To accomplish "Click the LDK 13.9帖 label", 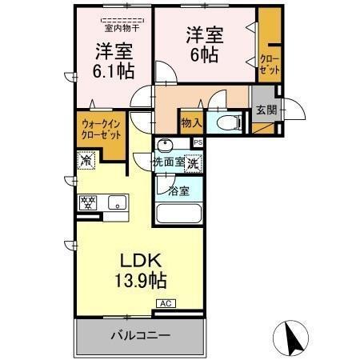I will pos(142,270).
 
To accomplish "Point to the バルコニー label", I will pos(140,335).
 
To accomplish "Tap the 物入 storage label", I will pos(190,123).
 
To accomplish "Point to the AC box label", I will pos(166,303).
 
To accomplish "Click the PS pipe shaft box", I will pos(198,142).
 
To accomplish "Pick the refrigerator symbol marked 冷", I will pos(86,160).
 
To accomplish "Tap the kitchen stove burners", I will pos(87,202).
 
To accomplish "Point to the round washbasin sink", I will pos(165,146).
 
